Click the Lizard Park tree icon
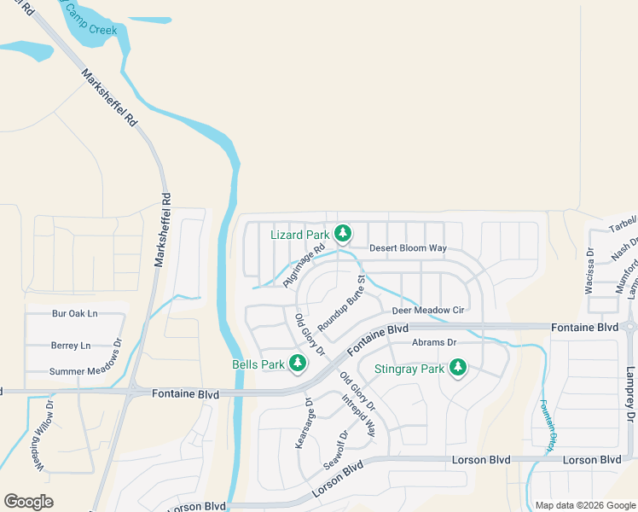coord(343,233)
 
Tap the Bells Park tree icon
coord(298,364)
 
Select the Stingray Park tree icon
coord(458,369)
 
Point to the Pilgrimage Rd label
coord(304,266)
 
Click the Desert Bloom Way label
coord(408,248)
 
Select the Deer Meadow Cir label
coord(427,311)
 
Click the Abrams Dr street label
coord(434,343)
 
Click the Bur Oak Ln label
coord(75,314)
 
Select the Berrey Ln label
coord(70,346)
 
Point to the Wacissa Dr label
coord(589,271)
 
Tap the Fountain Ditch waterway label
coord(546,424)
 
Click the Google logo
coord(28,501)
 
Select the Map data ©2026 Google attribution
coord(585,505)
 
